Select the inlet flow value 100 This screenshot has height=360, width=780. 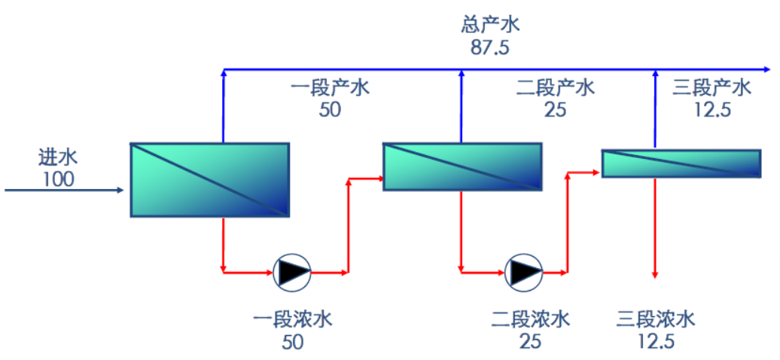point(58,180)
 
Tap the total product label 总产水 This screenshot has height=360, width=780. point(490,25)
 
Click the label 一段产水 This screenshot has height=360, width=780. point(330,87)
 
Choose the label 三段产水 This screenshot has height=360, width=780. point(712,87)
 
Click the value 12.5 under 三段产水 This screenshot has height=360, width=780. point(712,110)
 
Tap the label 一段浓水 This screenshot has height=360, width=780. point(293,319)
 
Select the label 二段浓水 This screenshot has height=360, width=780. point(530,319)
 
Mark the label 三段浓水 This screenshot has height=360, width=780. point(655,319)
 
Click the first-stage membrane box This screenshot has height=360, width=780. point(210,179)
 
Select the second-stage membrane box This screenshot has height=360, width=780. point(462,166)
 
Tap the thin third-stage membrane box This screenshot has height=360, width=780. point(681,163)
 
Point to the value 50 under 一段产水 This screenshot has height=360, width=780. point(330,110)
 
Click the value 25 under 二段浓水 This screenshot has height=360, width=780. point(530,341)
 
